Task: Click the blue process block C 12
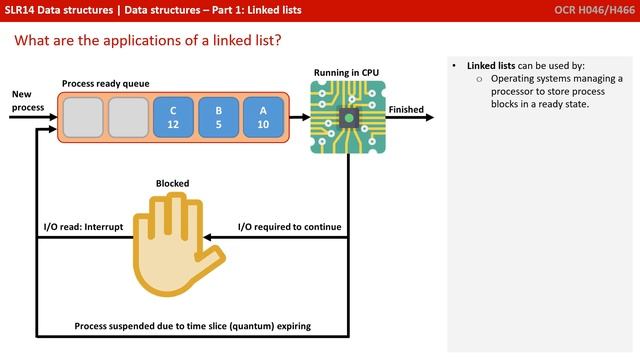[x=173, y=116]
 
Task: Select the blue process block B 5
[x=218, y=116]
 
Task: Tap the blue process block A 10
[x=263, y=116]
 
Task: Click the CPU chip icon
[x=346, y=118]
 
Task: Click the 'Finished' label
[x=406, y=110]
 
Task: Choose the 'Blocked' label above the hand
[x=172, y=184]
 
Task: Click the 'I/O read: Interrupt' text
[x=83, y=227]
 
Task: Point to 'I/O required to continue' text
[x=289, y=227]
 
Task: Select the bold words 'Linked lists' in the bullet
[x=491, y=65]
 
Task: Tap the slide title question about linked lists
[x=147, y=41]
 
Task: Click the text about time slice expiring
[x=193, y=326]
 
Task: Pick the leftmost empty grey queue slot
[x=82, y=116]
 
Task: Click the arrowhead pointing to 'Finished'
[x=429, y=118]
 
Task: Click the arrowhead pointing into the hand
[x=207, y=238]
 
